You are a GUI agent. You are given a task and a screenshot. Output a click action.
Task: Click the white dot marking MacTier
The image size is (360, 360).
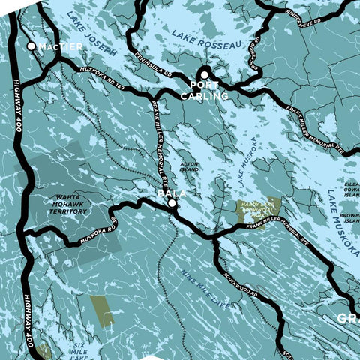[x=31, y=46]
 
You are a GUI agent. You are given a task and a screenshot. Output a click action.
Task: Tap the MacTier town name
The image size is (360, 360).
[x=61, y=46]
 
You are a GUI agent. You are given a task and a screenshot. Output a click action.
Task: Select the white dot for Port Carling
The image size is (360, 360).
[x=204, y=74]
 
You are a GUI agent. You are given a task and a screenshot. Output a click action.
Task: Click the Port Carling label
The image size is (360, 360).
[x=204, y=91]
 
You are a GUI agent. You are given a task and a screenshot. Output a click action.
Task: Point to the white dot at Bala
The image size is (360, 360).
[x=172, y=203]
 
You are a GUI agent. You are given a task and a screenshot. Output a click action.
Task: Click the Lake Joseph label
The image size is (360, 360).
[x=91, y=34]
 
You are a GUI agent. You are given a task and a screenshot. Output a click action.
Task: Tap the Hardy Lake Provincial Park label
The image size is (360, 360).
[x=258, y=208]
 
